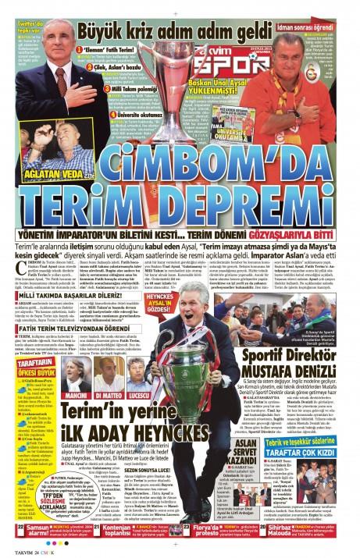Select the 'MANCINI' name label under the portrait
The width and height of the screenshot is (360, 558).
(79, 395)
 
